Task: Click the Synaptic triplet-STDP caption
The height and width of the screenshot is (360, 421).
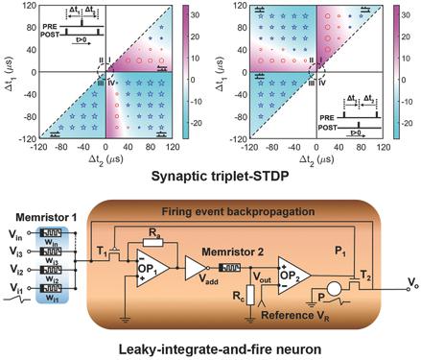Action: coord(210,178)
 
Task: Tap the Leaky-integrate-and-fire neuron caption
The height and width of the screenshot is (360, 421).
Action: coord(210,348)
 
